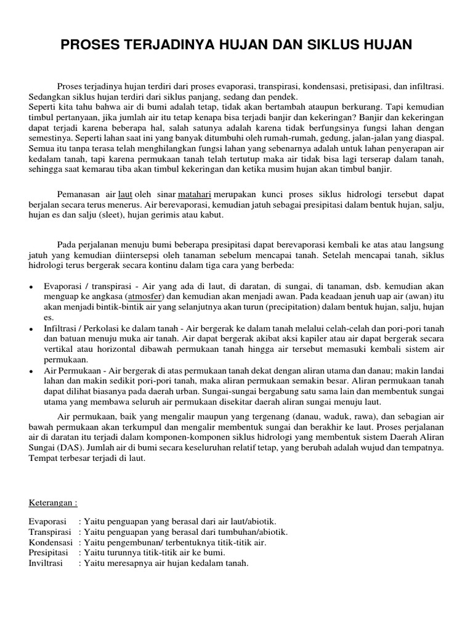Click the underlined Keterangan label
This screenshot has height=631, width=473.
[x=53, y=502]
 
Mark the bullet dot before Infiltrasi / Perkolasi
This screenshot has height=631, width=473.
[x=31, y=330]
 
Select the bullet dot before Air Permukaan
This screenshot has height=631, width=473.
[x=31, y=373]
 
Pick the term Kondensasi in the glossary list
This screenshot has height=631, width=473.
[x=51, y=543]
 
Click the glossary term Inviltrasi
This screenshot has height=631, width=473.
[x=50, y=563]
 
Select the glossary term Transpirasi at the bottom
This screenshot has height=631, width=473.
[x=52, y=532]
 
